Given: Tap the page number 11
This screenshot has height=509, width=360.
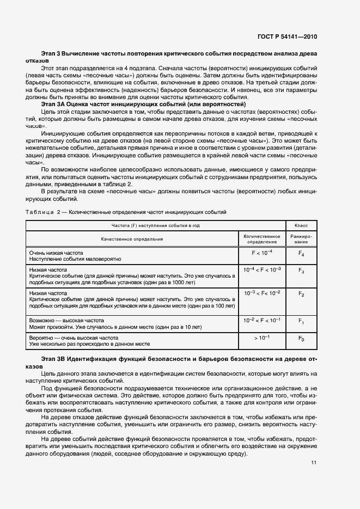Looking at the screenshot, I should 314,463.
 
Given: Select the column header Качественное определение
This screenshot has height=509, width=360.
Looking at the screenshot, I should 131,239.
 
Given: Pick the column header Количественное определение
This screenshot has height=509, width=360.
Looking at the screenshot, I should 261,239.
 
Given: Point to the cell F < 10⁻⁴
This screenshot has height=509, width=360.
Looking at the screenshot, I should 261,253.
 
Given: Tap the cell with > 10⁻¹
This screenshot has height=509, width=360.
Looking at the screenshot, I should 261,339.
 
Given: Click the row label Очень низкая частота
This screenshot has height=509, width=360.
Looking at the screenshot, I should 56,253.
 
